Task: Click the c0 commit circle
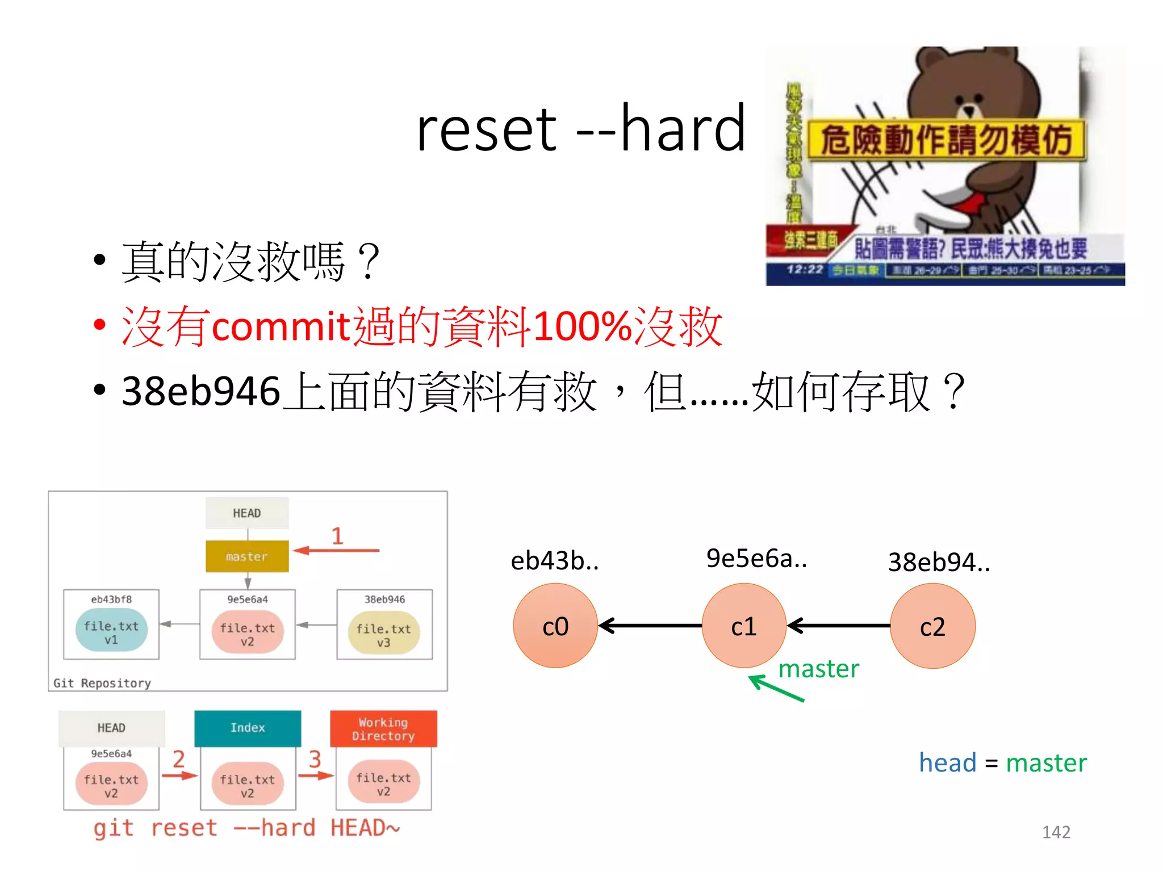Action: tap(555, 626)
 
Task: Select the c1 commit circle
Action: tap(744, 626)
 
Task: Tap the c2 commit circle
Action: tap(932, 626)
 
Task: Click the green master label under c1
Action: tap(818, 669)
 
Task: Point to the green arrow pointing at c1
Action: tap(776, 689)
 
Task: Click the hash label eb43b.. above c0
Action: tap(555, 561)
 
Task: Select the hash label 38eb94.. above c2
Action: tap(939, 562)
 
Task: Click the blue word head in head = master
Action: tap(947, 762)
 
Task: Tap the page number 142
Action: tap(1056, 832)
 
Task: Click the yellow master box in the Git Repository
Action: tap(247, 556)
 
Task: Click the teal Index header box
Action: tap(248, 728)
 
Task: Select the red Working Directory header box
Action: tap(383, 729)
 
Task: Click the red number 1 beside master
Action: tap(337, 536)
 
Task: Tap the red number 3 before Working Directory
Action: tap(315, 759)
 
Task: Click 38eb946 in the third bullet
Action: tap(201, 392)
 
